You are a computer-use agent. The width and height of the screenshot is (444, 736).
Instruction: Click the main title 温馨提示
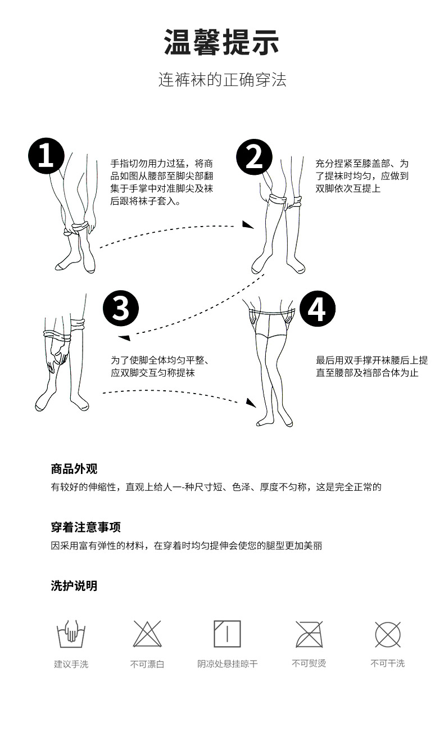pyautogui.click(x=221, y=42)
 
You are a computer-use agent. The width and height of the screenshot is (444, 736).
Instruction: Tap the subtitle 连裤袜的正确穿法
pyautogui.click(x=222, y=80)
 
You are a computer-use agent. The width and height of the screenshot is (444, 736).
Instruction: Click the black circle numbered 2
pyautogui.click(x=254, y=156)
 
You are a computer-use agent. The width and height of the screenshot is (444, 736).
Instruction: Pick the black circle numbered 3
pyautogui.click(x=121, y=309)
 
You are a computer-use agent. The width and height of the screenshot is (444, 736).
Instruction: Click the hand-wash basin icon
pyautogui.click(x=71, y=634)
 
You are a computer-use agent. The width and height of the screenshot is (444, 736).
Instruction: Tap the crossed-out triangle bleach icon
pyautogui.click(x=147, y=634)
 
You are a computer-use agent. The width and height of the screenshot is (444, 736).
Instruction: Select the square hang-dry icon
pyautogui.click(x=227, y=634)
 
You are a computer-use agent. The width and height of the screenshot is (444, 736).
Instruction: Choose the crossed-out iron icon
pyautogui.click(x=309, y=634)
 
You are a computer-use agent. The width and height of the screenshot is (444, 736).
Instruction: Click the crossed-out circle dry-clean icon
pyautogui.click(x=388, y=634)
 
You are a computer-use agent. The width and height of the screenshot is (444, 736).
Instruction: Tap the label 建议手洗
pyautogui.click(x=71, y=664)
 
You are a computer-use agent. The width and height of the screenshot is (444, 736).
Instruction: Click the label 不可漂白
pyautogui.click(x=147, y=664)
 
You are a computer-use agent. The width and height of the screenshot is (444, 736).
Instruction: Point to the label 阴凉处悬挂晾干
pyautogui.click(x=227, y=664)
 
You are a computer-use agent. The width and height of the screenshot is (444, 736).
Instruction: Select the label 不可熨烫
pyautogui.click(x=309, y=663)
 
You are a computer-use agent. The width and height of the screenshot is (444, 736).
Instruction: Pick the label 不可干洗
pyautogui.click(x=387, y=663)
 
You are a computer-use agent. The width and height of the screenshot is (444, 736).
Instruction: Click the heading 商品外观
pyautogui.click(x=74, y=469)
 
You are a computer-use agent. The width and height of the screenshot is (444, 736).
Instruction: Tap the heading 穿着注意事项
pyautogui.click(x=85, y=527)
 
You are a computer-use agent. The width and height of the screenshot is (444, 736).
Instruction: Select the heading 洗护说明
pyautogui.click(x=74, y=586)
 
